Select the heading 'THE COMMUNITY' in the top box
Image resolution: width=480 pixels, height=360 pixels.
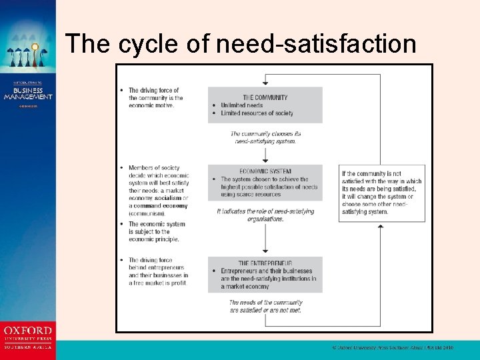(x=265, y=97)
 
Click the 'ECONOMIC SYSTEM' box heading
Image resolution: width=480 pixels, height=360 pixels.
(x=265, y=171)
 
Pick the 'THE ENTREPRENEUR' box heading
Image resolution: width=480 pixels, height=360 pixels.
(x=265, y=263)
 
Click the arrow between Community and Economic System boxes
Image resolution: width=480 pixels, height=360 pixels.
(x=265, y=155)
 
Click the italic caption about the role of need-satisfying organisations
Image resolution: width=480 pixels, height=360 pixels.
(x=265, y=215)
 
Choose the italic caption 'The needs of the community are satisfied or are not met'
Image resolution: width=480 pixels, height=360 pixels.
(x=265, y=306)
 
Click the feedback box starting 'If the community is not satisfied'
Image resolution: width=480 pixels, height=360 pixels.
(x=381, y=193)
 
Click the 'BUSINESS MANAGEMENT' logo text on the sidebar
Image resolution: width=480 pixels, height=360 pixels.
(x=27, y=93)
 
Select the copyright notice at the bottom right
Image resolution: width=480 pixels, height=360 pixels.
(x=393, y=348)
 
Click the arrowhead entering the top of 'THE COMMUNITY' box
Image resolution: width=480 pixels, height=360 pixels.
(x=265, y=84)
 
